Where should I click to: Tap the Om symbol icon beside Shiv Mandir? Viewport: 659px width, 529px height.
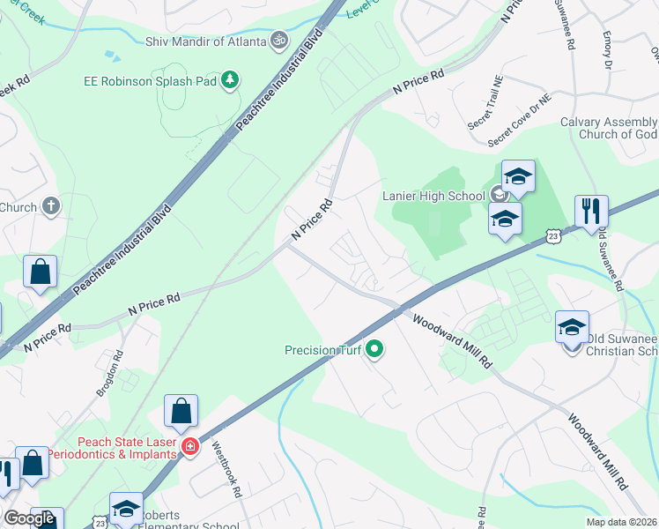click(x=278, y=41)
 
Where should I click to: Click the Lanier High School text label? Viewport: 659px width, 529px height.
click(x=433, y=196)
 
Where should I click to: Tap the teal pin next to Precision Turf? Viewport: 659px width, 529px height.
click(x=374, y=350)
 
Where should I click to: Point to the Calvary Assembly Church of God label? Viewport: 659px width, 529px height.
click(x=609, y=128)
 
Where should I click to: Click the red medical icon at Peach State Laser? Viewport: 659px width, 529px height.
click(x=189, y=447)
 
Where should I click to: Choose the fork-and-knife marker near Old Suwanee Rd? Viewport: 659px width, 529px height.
click(x=590, y=212)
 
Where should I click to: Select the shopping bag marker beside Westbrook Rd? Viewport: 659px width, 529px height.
click(x=181, y=412)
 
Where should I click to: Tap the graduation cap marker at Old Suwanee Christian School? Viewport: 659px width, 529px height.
click(x=572, y=327)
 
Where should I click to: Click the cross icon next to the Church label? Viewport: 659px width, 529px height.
click(x=51, y=207)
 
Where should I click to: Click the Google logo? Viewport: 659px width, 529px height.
click(x=29, y=518)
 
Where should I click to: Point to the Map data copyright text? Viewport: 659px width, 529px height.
click(x=622, y=522)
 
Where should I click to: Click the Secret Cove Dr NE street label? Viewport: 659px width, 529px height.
click(x=519, y=121)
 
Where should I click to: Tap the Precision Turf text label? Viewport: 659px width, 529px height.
click(x=323, y=350)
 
